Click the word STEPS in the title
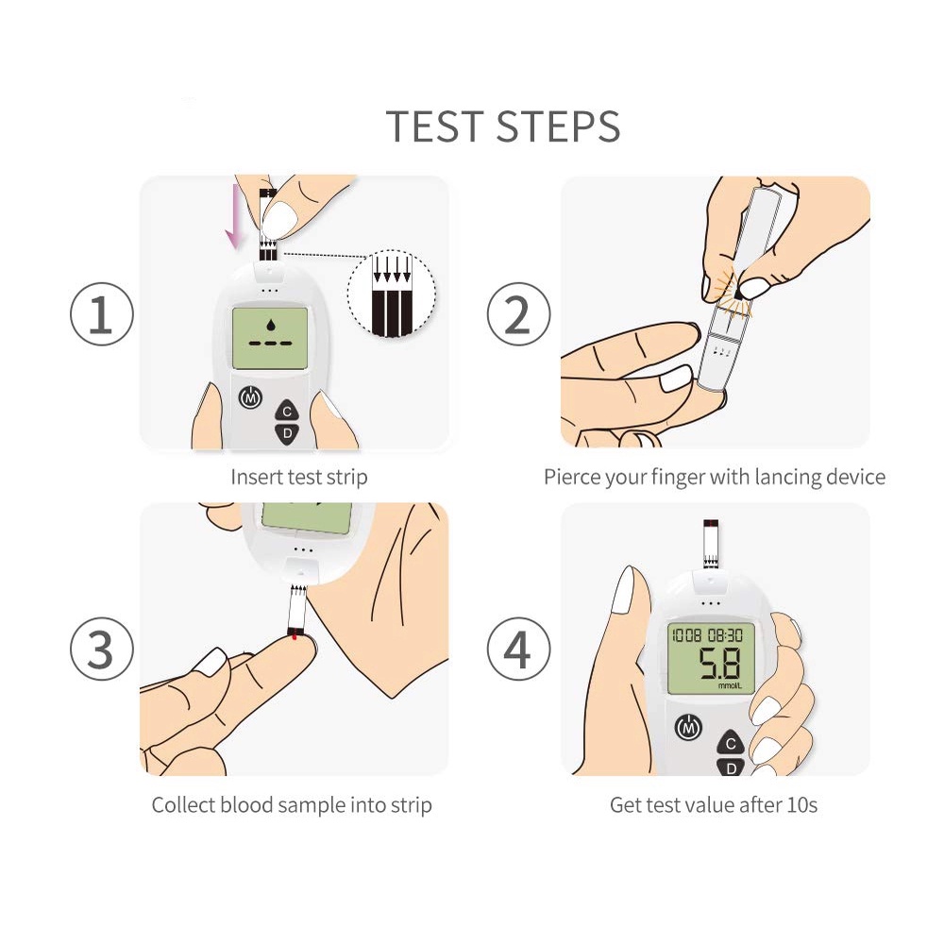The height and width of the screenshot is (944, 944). pyautogui.click(x=558, y=126)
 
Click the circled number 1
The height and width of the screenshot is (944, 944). pyautogui.click(x=101, y=313)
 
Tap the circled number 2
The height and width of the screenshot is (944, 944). pyautogui.click(x=518, y=313)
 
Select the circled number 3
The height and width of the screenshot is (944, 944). pyautogui.click(x=101, y=649)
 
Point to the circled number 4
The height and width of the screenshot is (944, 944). pyautogui.click(x=518, y=649)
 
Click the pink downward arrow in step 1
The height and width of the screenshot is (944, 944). pyautogui.click(x=232, y=217)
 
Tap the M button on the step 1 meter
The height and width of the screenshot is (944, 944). pyautogui.click(x=250, y=397)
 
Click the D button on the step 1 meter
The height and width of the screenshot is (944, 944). pyautogui.click(x=287, y=434)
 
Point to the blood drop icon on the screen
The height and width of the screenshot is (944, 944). pyautogui.click(x=270, y=325)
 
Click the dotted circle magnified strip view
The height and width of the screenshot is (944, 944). pyautogui.click(x=392, y=294)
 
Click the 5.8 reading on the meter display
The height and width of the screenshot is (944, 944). pyautogui.click(x=719, y=664)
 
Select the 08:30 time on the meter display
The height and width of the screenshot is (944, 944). pyautogui.click(x=725, y=635)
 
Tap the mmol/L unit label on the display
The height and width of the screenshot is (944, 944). pyautogui.click(x=730, y=685)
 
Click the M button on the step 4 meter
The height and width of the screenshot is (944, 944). pyautogui.click(x=689, y=729)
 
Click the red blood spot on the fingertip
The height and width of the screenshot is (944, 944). pyautogui.click(x=295, y=635)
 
